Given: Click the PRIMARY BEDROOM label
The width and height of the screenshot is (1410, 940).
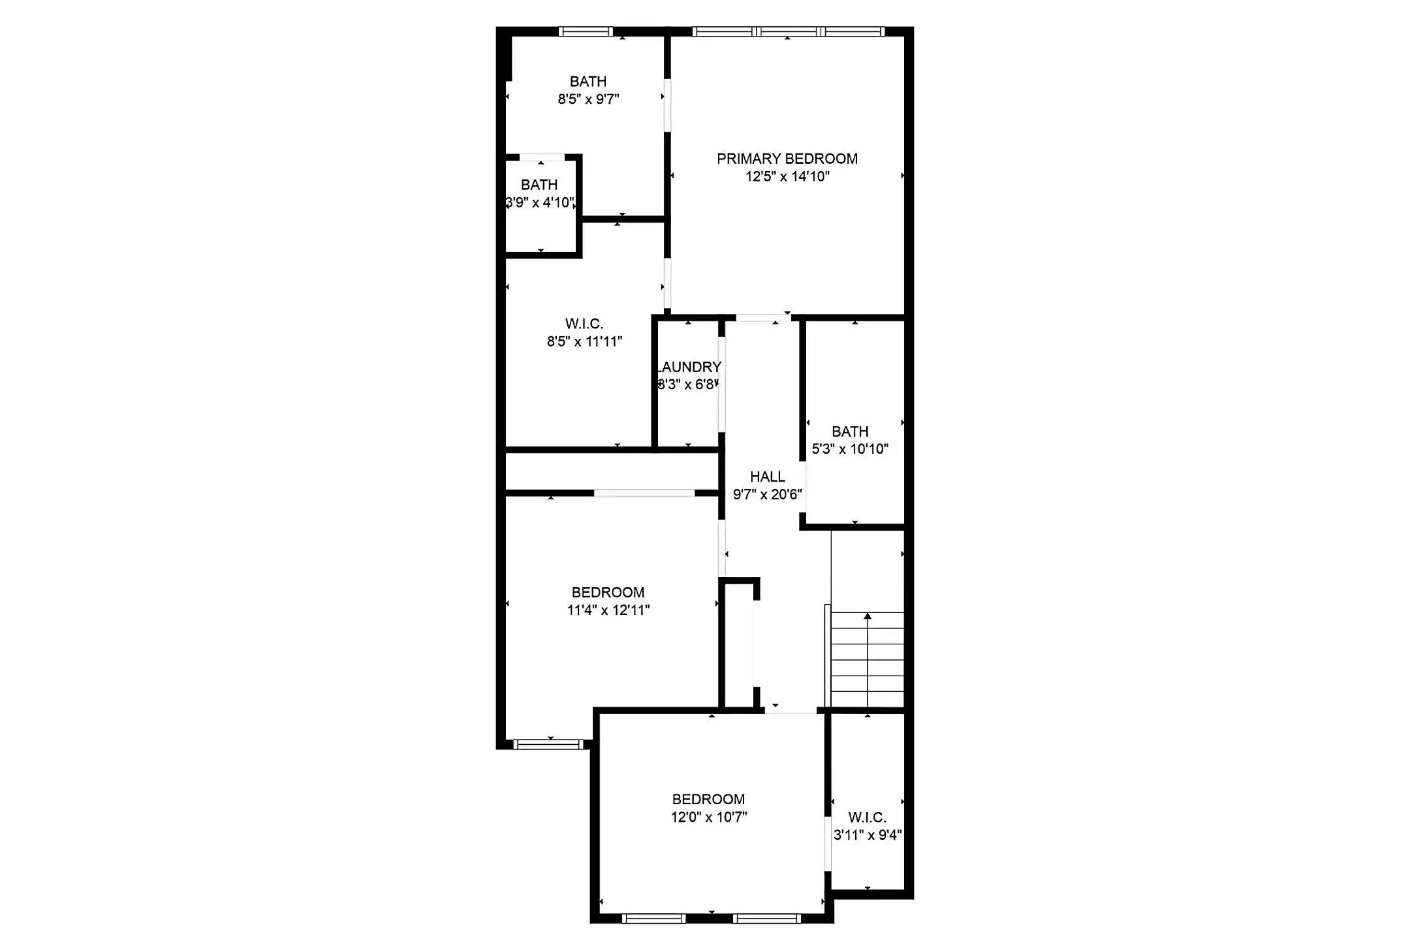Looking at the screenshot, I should tap(787, 159).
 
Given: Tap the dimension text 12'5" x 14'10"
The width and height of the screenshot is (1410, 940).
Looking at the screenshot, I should tap(787, 176).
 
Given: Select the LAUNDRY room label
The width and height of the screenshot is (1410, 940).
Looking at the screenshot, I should tap(689, 367).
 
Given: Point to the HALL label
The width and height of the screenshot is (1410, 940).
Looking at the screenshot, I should tap(767, 477).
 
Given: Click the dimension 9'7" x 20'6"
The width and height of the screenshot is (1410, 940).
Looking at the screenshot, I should tap(767, 494).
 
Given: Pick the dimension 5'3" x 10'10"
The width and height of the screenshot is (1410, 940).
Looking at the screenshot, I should tap(850, 449).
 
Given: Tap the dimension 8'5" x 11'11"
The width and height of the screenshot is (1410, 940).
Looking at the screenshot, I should tap(584, 341).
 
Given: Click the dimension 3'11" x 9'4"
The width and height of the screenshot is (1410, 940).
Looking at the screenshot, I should tap(868, 835).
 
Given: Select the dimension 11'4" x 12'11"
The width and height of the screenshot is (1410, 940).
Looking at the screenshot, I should tap(608, 610).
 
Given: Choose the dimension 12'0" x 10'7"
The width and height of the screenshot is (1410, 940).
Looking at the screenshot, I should tap(709, 817).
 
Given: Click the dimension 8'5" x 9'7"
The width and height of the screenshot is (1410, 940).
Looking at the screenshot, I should tap(588, 99).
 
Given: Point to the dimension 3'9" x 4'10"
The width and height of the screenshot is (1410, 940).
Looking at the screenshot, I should tap(540, 202).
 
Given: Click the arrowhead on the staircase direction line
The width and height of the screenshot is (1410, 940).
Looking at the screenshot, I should tap(868, 616).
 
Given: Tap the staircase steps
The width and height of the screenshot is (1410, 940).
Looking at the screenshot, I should tap(868, 659).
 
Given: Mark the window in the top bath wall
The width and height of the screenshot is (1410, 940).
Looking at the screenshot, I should tap(586, 31).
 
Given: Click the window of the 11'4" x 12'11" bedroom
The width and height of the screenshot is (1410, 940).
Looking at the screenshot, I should tap(548, 744).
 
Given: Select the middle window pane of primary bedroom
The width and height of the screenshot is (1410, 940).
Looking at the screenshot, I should tap(788, 31).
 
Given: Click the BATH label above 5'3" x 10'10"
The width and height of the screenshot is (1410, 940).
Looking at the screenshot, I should tap(850, 431).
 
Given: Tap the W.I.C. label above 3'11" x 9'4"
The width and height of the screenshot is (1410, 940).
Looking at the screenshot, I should tap(868, 817).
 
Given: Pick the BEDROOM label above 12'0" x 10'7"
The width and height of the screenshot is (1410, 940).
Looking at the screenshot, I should tap(709, 799).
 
